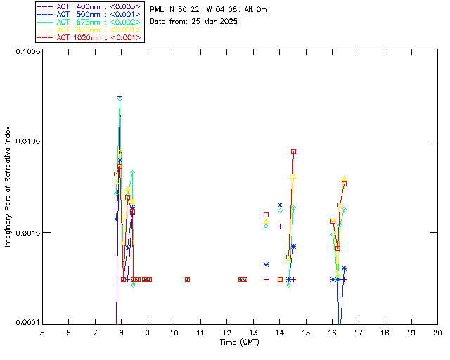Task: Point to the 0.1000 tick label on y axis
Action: click(25, 52)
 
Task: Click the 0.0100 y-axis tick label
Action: click(25, 142)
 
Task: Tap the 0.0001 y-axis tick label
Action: click(25, 323)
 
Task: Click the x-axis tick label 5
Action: click(42, 332)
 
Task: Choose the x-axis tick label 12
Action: click(226, 332)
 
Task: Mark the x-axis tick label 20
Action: click(437, 332)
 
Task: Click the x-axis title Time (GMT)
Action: click(240, 341)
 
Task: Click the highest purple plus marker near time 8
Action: click(120, 97)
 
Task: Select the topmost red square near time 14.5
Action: click(293, 151)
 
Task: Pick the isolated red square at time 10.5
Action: click(187, 279)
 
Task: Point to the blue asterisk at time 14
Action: click(280, 205)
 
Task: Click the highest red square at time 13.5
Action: click(266, 214)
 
